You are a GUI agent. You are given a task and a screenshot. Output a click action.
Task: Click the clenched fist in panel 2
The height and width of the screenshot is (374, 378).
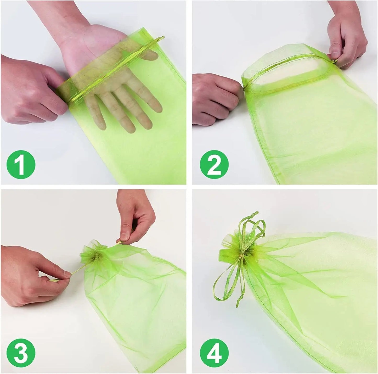point(217,99)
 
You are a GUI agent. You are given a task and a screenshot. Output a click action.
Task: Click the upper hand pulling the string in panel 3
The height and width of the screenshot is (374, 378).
point(135,220)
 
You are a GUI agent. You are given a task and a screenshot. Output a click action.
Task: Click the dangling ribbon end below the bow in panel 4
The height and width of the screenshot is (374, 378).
point(239,300)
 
